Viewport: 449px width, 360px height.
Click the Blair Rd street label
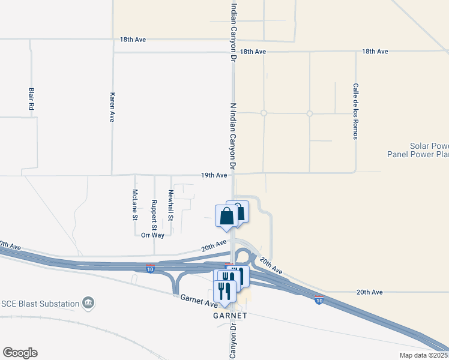pyautogui.click(x=31, y=99)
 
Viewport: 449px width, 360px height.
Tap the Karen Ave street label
pyautogui.click(x=112, y=107)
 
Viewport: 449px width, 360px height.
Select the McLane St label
pyautogui.click(x=135, y=205)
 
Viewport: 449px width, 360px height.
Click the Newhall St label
pyautogui.click(x=170, y=205)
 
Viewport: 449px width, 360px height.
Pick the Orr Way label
pyautogui.click(x=152, y=235)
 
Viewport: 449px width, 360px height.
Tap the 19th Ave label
pyautogui.click(x=214, y=175)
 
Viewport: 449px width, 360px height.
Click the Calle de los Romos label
pyautogui.click(x=355, y=111)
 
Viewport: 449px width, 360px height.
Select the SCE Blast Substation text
pyautogui.click(x=40, y=304)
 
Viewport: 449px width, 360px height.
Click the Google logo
pyautogui.click(x=20, y=353)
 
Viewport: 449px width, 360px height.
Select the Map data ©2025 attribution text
pyautogui.click(x=424, y=355)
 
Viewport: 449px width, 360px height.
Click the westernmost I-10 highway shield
pyautogui.click(x=150, y=268)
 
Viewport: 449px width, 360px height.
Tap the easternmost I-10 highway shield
pyautogui.click(x=318, y=299)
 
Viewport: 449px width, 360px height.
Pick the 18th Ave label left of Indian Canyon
pyautogui.click(x=133, y=40)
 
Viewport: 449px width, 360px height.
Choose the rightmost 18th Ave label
pyautogui.click(x=375, y=52)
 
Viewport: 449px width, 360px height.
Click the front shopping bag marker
pyautogui.click(x=227, y=217)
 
